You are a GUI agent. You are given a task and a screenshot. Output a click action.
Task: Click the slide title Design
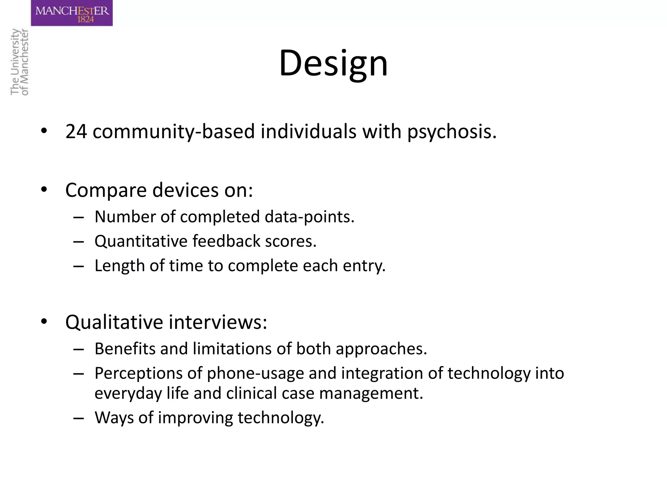coord(333,63)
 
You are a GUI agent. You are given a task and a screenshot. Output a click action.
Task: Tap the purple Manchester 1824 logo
coord(72,13)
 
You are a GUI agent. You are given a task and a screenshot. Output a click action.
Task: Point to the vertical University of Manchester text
coord(20,62)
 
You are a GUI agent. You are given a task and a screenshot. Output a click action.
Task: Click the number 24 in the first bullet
coord(76,132)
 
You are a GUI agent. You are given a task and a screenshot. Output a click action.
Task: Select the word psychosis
coord(452,132)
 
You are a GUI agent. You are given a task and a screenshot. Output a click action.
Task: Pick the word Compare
coord(106,190)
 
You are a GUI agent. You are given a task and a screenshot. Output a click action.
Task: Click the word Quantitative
coord(140,242)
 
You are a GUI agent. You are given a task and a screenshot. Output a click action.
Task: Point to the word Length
coord(120,266)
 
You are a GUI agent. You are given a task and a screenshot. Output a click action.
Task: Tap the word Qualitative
coord(114,322)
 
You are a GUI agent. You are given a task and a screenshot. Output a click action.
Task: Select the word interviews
coord(218,322)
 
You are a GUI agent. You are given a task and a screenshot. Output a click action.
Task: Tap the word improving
coord(195,418)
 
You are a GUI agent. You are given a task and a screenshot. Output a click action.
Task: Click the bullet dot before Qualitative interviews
coord(44,322)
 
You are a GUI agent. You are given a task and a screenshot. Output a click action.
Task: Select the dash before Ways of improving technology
coord(78,418)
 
